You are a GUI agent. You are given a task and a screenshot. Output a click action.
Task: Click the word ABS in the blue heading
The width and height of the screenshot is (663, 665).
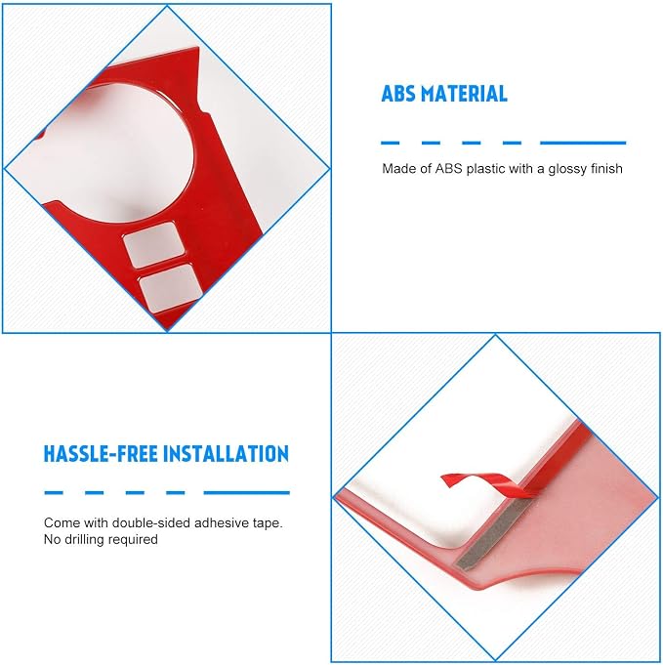(x=397, y=94)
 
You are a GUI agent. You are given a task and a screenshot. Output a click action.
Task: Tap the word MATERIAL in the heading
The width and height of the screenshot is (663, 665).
(x=465, y=94)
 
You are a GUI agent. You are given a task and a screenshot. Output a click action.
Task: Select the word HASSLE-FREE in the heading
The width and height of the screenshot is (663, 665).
(x=102, y=454)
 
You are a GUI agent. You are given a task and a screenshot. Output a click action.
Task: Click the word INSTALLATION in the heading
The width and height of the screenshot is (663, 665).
(x=227, y=454)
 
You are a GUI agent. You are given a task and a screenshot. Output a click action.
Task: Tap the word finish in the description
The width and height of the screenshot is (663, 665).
(x=606, y=168)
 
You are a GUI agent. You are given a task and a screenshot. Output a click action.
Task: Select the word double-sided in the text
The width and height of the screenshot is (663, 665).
(x=151, y=522)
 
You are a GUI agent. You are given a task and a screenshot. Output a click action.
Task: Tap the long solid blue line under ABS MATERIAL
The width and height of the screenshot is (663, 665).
(x=583, y=143)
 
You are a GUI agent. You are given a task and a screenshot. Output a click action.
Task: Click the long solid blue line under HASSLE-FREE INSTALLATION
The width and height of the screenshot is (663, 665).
(x=246, y=493)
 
